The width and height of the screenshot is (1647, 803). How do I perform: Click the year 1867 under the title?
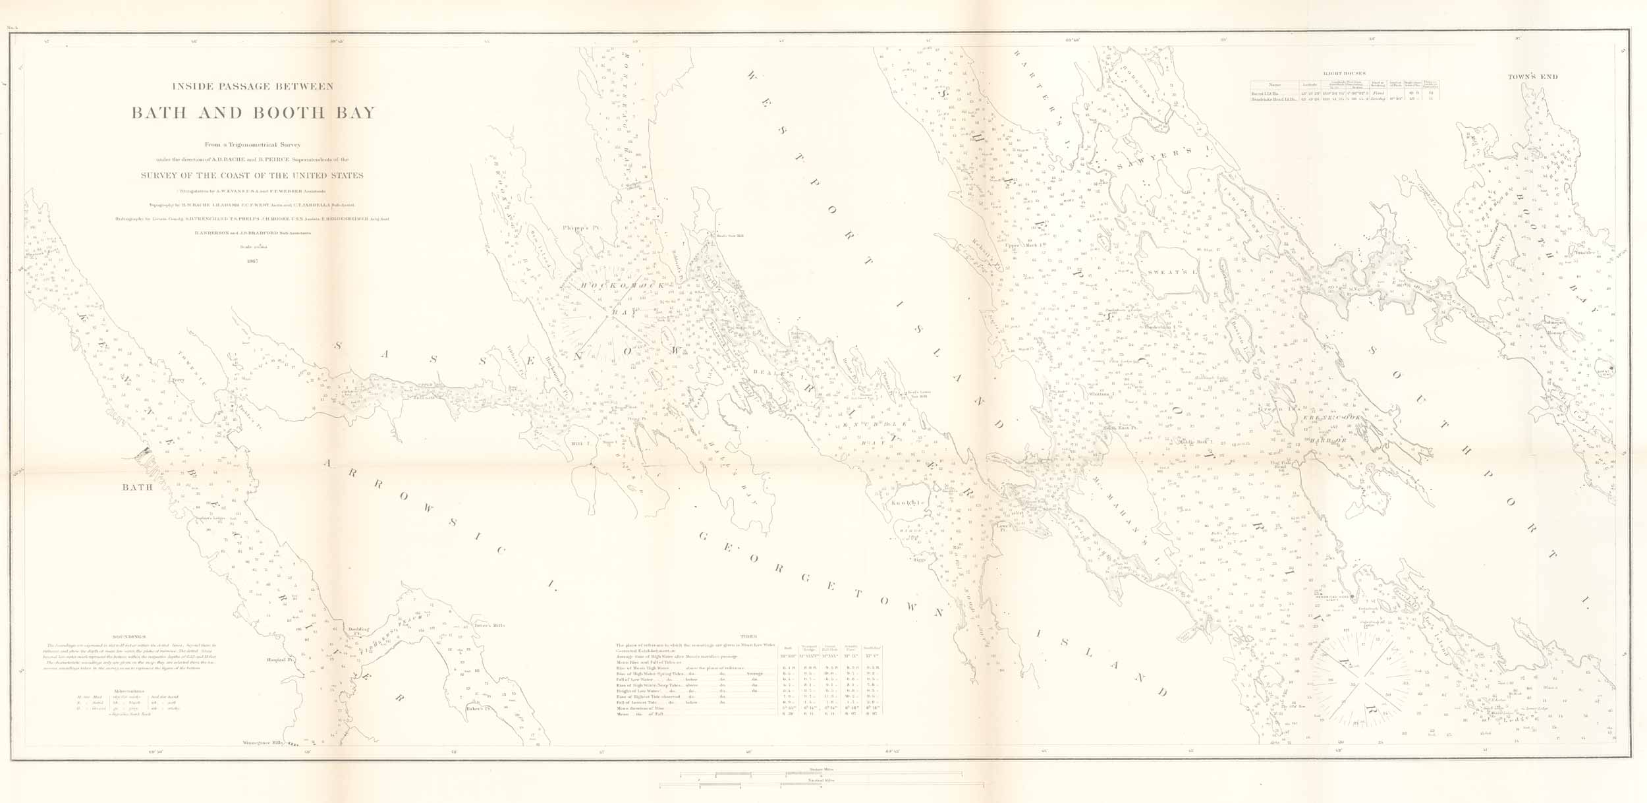coord(252,261)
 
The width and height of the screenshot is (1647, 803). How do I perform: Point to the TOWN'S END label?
coord(1533,77)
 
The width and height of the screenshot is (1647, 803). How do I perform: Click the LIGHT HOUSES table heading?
coord(1345,73)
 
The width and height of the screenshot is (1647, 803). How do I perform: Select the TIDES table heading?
coord(748,637)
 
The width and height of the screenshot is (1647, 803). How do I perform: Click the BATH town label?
coord(137,487)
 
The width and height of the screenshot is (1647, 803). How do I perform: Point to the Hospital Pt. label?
coord(279,659)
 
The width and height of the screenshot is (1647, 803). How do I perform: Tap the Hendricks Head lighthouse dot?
coord(1352,597)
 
